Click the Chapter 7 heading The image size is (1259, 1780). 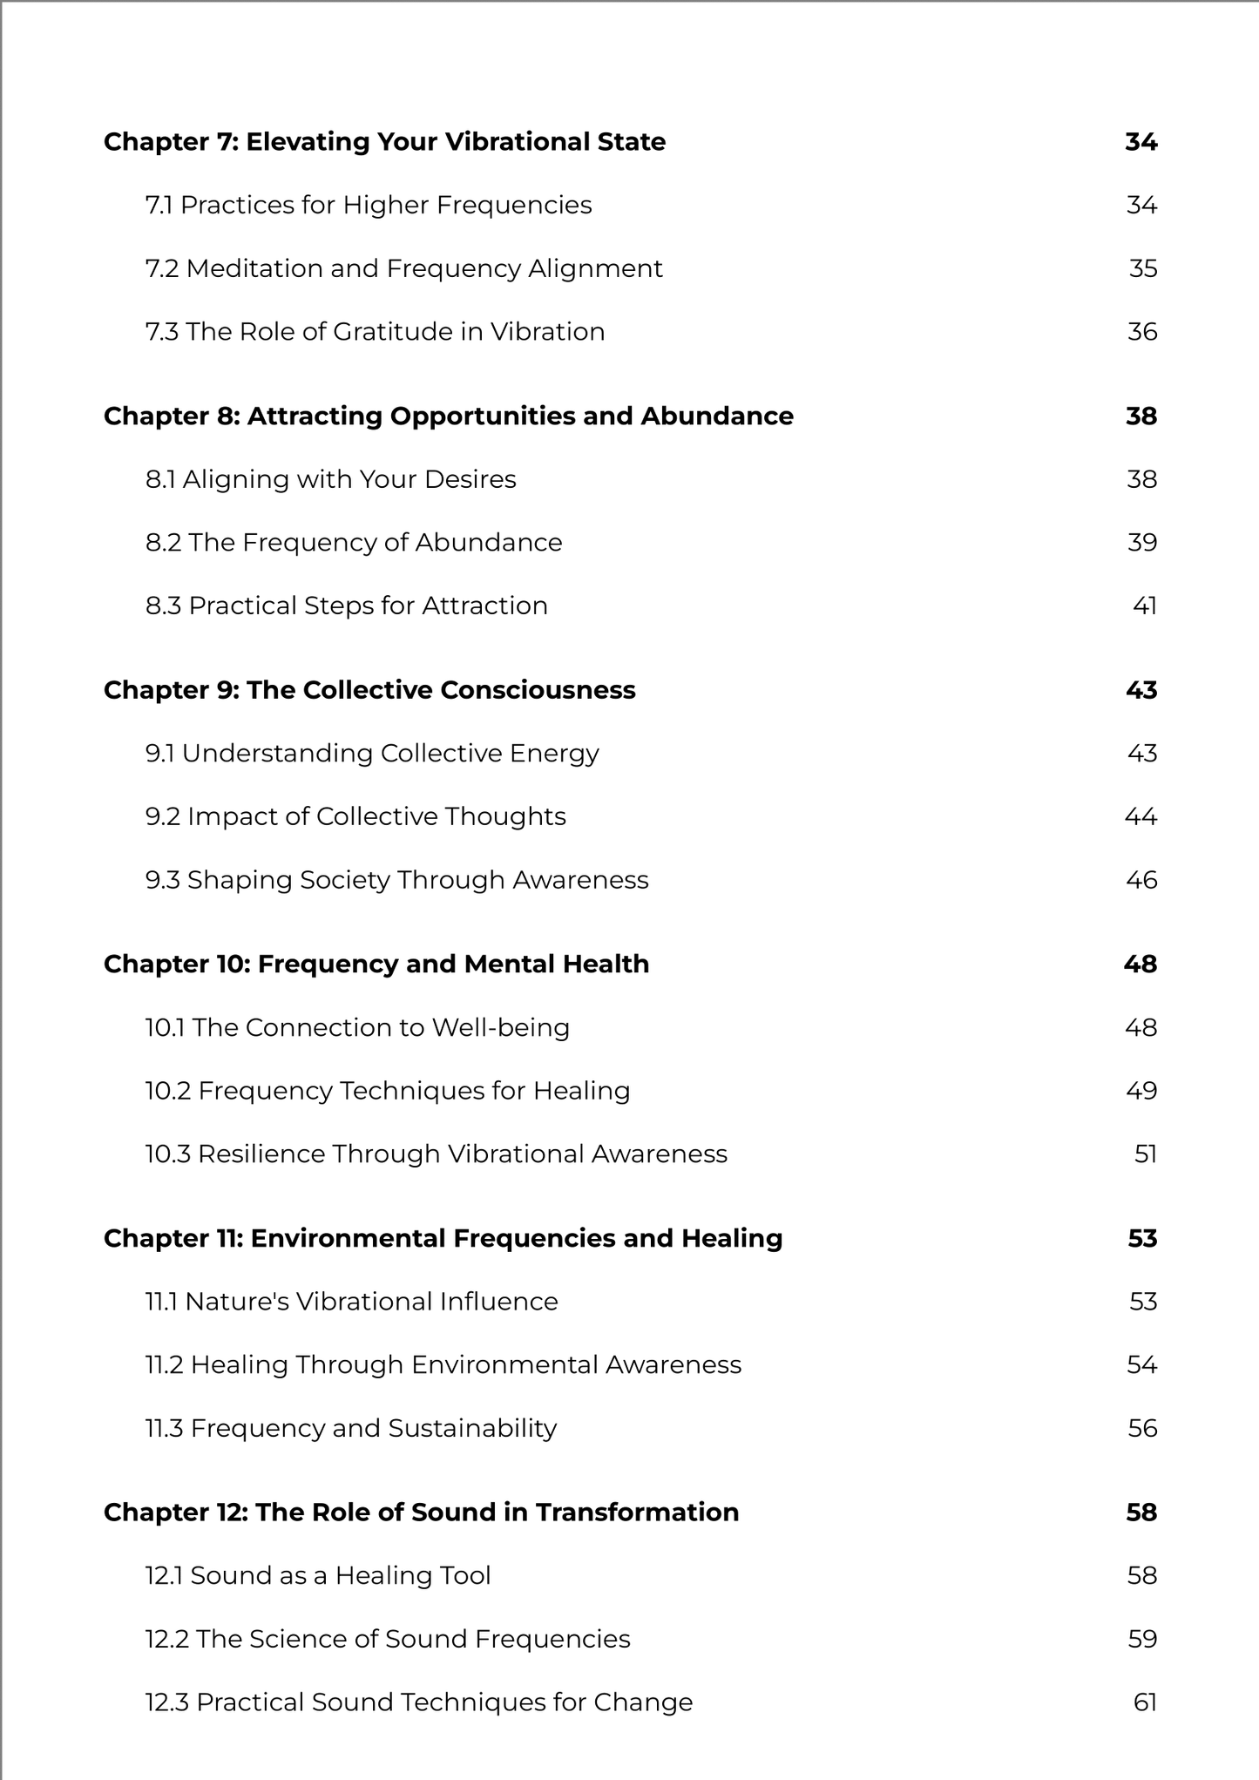point(384,142)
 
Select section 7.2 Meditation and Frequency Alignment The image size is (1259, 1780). point(403,268)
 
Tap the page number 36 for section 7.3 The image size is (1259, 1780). point(1142,332)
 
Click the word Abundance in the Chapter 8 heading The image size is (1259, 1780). point(717,416)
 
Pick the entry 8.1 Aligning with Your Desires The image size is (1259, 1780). point(330,479)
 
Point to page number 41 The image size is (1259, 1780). point(1145,606)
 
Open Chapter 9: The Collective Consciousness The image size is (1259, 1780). point(369,690)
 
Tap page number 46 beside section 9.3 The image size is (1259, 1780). point(1141,880)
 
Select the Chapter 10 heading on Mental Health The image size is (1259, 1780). point(376,964)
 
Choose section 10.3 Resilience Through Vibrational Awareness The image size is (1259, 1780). point(436,1154)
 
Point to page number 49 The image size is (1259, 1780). point(1141,1091)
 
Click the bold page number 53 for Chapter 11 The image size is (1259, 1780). point(1142,1239)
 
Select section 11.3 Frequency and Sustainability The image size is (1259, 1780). point(350,1429)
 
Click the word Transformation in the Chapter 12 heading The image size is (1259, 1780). point(637,1513)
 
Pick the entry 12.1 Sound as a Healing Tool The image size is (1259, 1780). point(318,1576)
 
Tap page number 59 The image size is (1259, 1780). point(1142,1640)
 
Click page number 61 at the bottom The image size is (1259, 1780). point(1145,1702)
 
